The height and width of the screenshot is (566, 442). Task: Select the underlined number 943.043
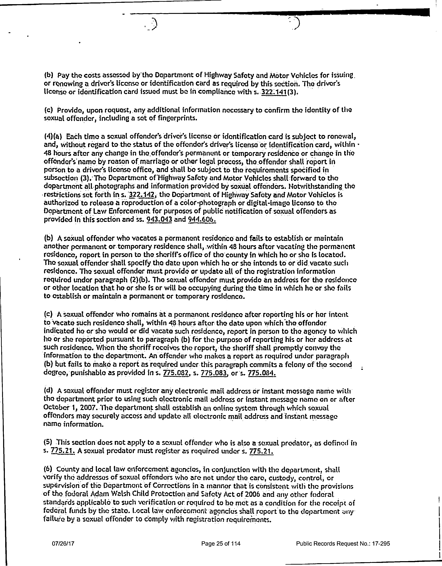(x=159, y=220)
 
